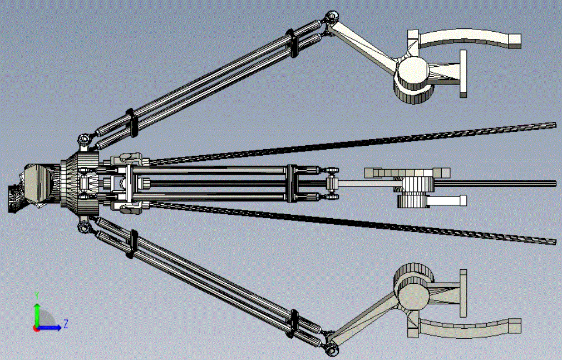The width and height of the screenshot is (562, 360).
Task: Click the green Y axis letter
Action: pos(37,295)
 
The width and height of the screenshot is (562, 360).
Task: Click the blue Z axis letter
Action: pos(66,324)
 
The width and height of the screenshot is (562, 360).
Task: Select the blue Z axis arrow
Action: pos(50,327)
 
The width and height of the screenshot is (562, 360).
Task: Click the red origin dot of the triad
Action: pos(36,328)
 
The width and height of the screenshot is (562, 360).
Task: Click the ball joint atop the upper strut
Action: pos(332,17)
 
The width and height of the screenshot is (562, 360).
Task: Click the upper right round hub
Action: pos(413,71)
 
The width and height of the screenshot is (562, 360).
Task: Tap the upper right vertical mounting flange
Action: pos(463,74)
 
